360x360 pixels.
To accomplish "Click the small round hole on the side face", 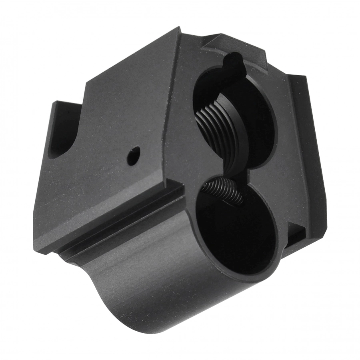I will coord(134,155).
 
